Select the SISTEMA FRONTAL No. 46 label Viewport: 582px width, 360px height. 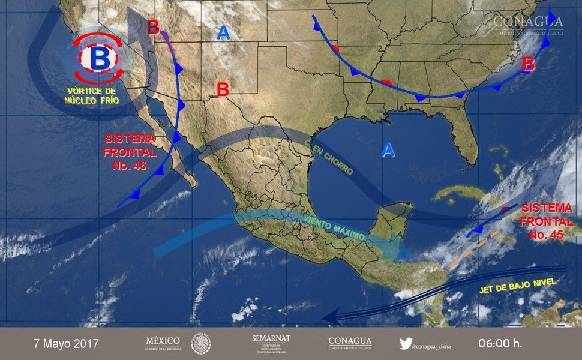pos(129,152)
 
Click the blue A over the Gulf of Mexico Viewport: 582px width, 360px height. pos(389,150)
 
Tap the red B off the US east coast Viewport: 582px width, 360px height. pos(528,63)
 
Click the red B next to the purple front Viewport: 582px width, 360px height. pos(154,27)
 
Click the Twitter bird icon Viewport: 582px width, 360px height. pos(406,344)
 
